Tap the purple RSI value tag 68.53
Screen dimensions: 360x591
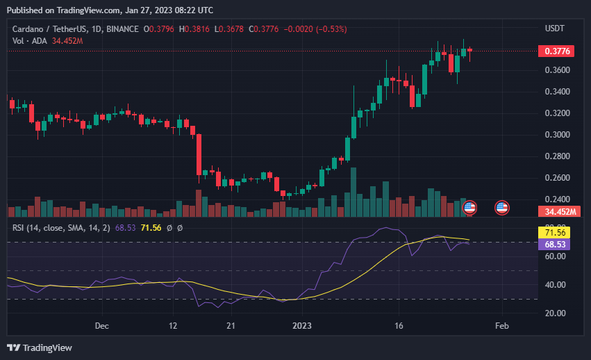pos(553,245)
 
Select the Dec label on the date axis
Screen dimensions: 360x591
pos(102,325)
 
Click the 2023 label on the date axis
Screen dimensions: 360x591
pos(301,325)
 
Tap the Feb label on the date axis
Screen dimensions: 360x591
pos(501,325)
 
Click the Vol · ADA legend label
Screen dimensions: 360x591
pos(30,41)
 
